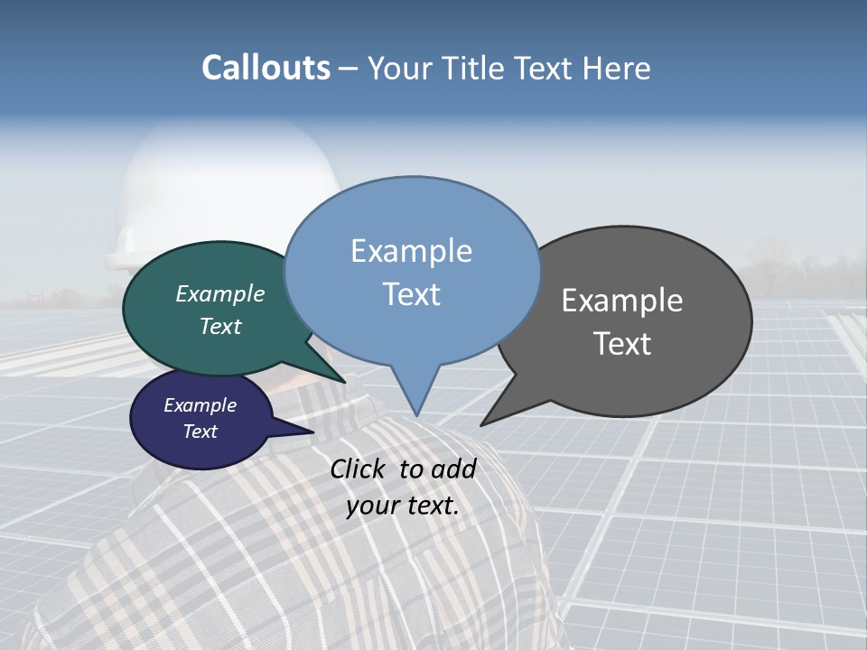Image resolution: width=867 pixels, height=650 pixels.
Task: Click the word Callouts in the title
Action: [x=266, y=68]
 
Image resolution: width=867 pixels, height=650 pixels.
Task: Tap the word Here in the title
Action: [x=619, y=68]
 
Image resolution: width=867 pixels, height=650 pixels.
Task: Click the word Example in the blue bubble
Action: [x=411, y=251]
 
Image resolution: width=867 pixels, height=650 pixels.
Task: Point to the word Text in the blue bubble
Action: [x=411, y=294]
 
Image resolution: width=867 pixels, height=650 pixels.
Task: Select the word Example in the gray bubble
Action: [x=622, y=301]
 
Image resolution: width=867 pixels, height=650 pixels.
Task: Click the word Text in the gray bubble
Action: [x=622, y=344]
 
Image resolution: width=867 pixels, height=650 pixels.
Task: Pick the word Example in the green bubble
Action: [x=220, y=294]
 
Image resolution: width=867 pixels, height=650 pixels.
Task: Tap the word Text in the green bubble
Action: [x=220, y=326]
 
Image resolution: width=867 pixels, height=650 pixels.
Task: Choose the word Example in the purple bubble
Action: [x=200, y=405]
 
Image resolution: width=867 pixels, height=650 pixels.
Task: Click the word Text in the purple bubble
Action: [x=200, y=432]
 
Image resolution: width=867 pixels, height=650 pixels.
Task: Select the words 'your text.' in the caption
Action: [x=403, y=506]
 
